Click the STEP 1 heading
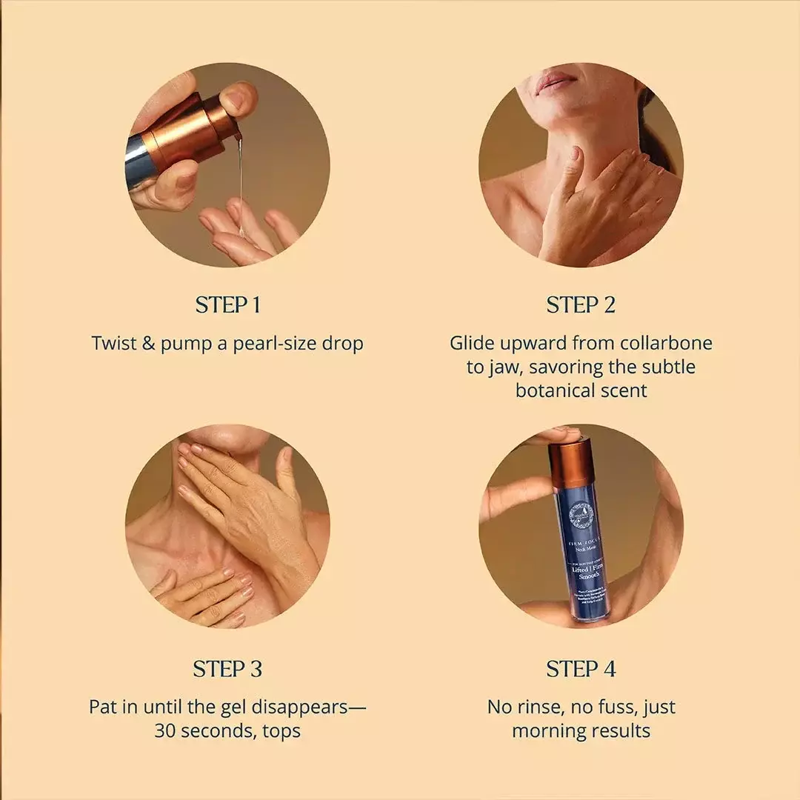[227, 305]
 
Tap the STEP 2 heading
[581, 305]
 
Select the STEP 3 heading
[227, 670]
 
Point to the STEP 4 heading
[581, 670]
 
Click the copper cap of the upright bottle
[571, 463]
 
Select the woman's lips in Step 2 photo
[556, 81]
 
